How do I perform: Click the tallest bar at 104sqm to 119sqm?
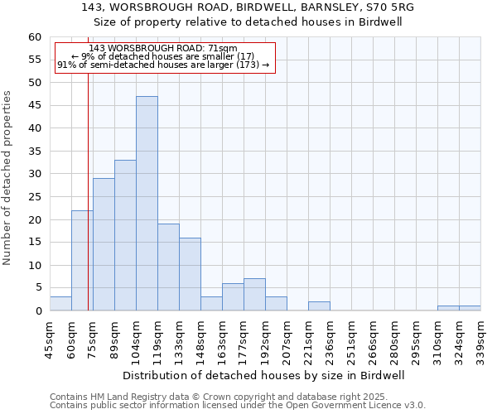(x=147, y=204)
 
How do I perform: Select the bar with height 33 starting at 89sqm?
(x=125, y=236)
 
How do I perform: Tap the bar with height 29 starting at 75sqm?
(x=104, y=245)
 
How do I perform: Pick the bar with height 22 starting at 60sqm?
(x=82, y=261)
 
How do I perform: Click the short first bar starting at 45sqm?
(x=60, y=304)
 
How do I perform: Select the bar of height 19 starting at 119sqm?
(x=168, y=267)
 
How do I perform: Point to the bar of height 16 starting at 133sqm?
(x=190, y=275)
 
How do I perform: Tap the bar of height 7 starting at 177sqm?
(x=254, y=295)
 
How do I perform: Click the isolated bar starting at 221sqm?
(x=319, y=306)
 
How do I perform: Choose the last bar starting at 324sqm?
(x=470, y=309)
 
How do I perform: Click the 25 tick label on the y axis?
(x=35, y=197)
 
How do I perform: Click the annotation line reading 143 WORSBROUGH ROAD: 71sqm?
(x=163, y=48)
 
